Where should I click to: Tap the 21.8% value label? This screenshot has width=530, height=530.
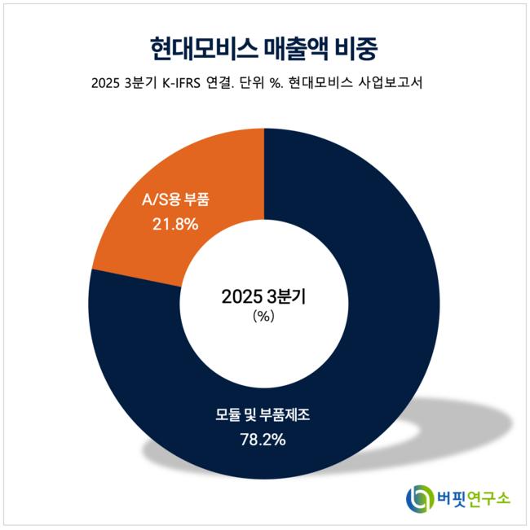(175, 222)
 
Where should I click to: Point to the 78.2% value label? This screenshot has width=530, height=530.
(263, 440)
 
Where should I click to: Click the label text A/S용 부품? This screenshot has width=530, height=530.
(175, 199)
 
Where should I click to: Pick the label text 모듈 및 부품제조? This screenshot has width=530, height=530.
(263, 415)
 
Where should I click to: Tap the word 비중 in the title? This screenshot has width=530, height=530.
(360, 46)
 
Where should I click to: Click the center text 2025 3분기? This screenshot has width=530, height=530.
(263, 296)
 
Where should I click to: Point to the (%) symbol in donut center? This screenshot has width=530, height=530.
(263, 318)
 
